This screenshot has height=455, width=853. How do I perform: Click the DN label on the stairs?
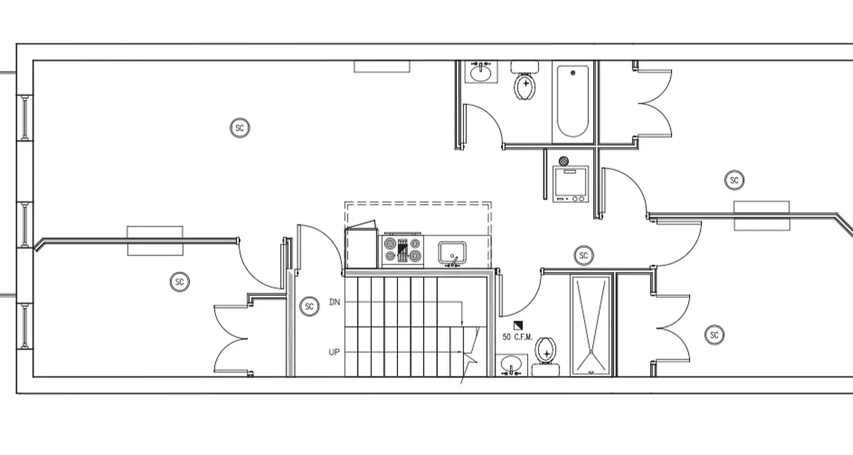point(334,302)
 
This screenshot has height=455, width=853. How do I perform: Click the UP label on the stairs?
point(334,352)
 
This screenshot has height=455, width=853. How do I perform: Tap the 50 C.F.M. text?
point(517,337)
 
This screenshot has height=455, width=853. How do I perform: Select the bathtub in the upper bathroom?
point(573,101)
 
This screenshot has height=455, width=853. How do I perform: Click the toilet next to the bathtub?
point(525,83)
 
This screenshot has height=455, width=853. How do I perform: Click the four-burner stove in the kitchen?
point(403,250)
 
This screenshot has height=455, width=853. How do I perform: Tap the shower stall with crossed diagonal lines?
point(591,325)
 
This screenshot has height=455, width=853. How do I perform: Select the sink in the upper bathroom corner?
point(481,72)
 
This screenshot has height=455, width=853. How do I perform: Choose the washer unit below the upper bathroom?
point(570,183)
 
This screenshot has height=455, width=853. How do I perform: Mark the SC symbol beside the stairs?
point(309,307)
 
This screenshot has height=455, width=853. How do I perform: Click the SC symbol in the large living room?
point(240,128)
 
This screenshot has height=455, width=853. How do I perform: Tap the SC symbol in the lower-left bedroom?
point(180,282)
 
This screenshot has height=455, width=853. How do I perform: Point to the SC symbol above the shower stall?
point(583,256)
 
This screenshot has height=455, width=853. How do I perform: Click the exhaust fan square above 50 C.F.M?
point(517,326)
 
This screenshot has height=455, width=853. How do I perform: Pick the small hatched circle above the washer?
point(564,161)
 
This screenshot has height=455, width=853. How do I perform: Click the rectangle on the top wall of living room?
point(382,67)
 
